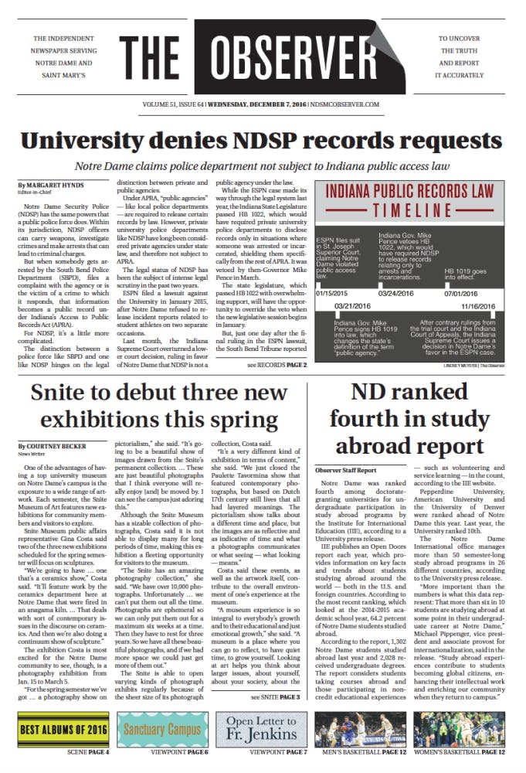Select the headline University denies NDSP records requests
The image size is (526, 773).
point(263,141)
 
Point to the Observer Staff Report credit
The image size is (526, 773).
point(345,469)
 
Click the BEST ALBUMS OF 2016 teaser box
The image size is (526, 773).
point(63,730)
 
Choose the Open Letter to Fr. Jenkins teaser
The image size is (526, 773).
point(263,730)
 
